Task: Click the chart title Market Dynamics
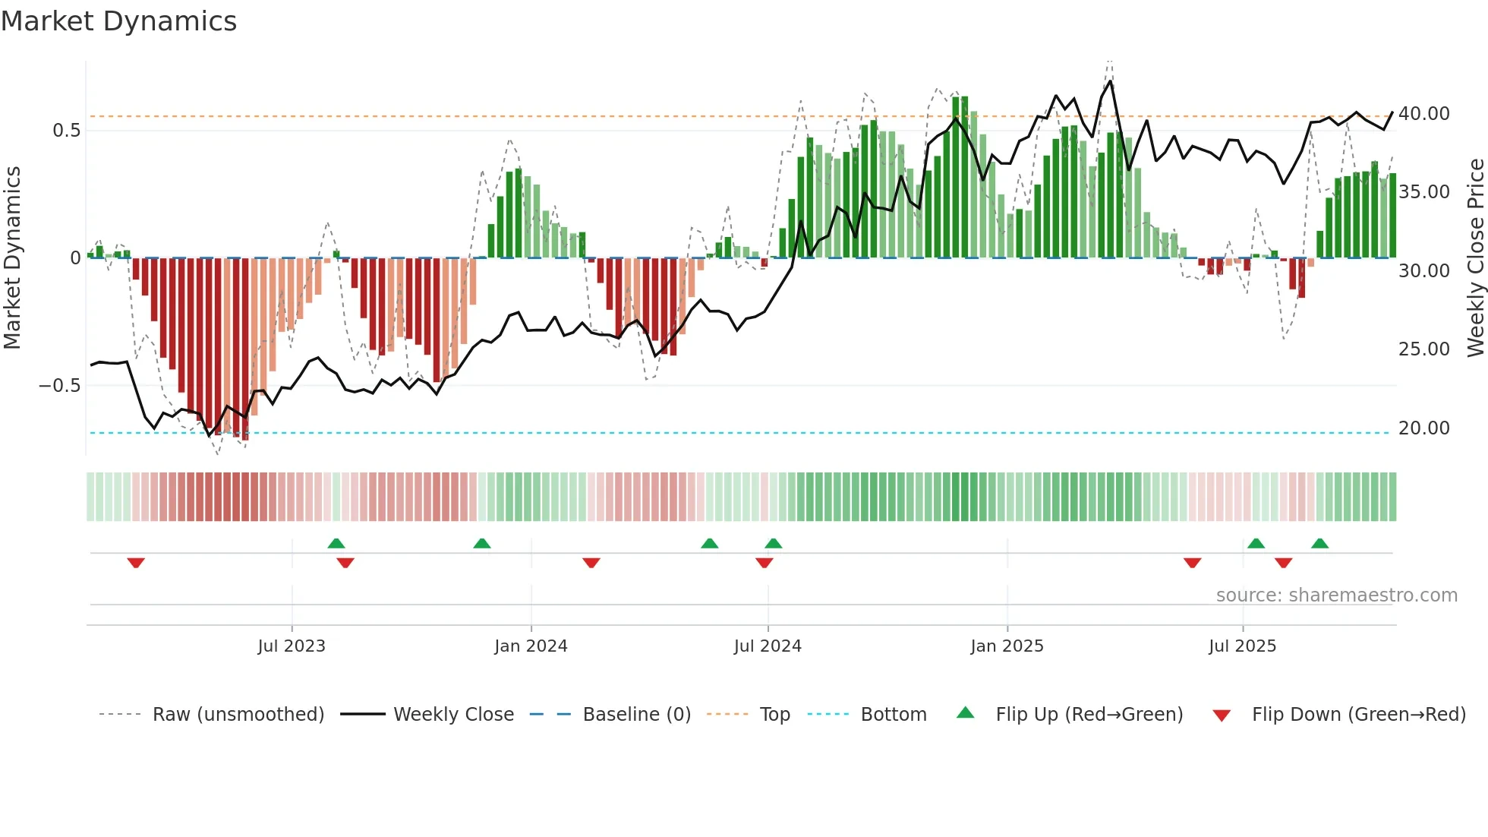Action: (118, 21)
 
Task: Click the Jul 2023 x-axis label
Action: (292, 646)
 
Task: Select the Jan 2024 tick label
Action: (531, 646)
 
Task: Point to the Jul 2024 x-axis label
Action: (768, 646)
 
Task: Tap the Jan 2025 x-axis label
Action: (1007, 646)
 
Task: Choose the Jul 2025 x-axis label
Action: (1242, 646)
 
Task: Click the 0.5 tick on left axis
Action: (66, 131)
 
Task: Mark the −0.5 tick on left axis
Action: (59, 386)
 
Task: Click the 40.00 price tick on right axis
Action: (1423, 114)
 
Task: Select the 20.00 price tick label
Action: (1423, 428)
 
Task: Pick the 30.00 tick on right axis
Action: (1423, 271)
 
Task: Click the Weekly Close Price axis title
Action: (1475, 257)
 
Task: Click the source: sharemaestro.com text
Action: (1336, 595)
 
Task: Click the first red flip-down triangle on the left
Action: (136, 563)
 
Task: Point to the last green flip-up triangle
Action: (1319, 543)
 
